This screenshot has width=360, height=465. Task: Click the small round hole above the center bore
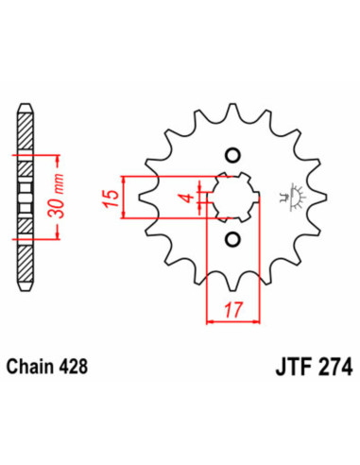233,155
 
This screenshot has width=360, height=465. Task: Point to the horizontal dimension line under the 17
233,321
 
